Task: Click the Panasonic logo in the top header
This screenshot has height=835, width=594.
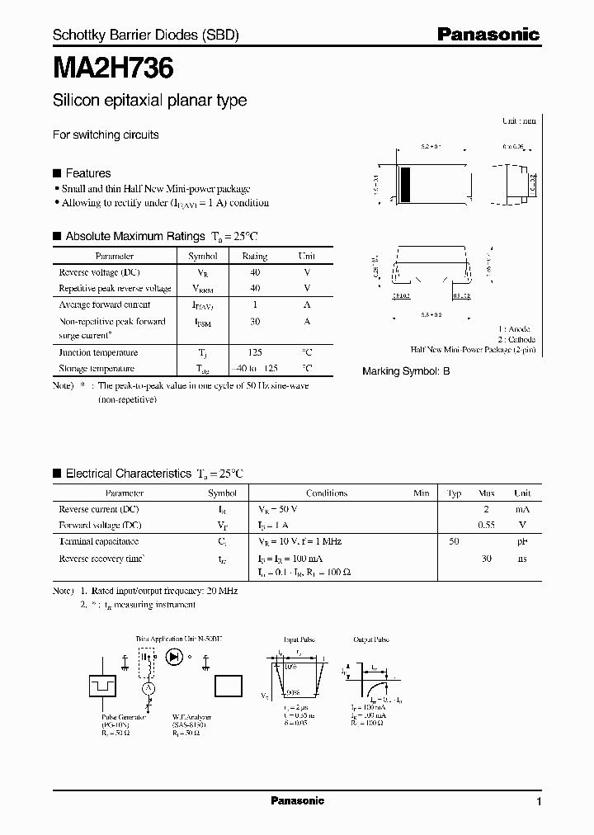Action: coord(488,35)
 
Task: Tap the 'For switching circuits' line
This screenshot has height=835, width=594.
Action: coord(106,134)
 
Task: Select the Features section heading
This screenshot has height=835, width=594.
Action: coord(87,173)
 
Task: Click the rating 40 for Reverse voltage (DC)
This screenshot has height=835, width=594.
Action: coord(254,272)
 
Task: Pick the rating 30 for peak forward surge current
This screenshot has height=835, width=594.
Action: coord(254,321)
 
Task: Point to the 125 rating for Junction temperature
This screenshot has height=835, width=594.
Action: coord(254,352)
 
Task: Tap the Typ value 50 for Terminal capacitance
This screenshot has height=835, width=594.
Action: coord(454,541)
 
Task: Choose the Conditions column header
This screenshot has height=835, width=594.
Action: coord(327,493)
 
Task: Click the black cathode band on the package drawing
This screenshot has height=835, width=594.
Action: coord(405,183)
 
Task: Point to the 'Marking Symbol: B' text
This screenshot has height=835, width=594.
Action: coord(406,372)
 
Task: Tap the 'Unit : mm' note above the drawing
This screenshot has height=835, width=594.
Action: coord(519,120)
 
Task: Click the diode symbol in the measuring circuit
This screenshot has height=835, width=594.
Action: coord(174,658)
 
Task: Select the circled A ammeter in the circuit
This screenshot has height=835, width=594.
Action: coord(148,688)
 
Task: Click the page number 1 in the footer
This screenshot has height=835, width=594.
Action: coord(539,801)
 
